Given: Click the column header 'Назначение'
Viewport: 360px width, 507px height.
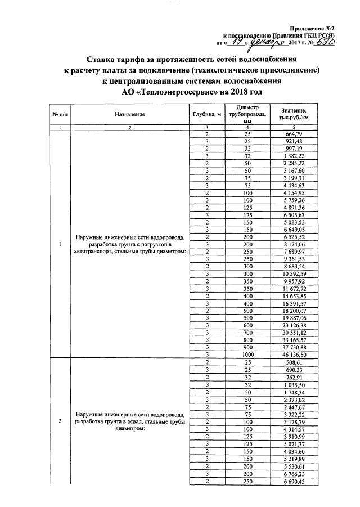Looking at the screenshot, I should (130, 115).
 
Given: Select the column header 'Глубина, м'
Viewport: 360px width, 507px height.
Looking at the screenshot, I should (206, 115).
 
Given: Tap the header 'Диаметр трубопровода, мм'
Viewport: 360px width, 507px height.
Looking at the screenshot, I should (247, 114).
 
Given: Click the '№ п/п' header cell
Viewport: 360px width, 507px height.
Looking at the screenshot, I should (60, 115).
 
